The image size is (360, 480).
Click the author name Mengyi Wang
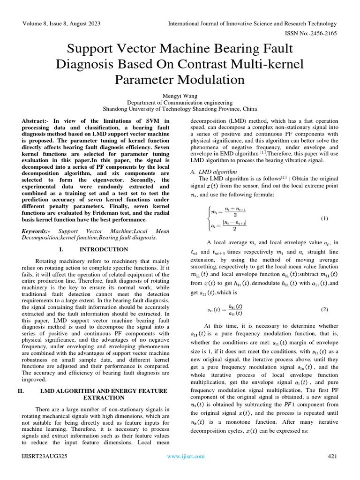180,96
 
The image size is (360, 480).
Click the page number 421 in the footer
332,456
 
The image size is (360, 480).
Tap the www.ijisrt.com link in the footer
186,456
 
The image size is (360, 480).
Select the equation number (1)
324,219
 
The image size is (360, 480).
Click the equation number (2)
324,310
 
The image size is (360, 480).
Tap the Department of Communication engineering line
180,102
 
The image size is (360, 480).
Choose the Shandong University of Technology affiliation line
180,109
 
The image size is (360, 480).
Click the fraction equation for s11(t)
225,310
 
